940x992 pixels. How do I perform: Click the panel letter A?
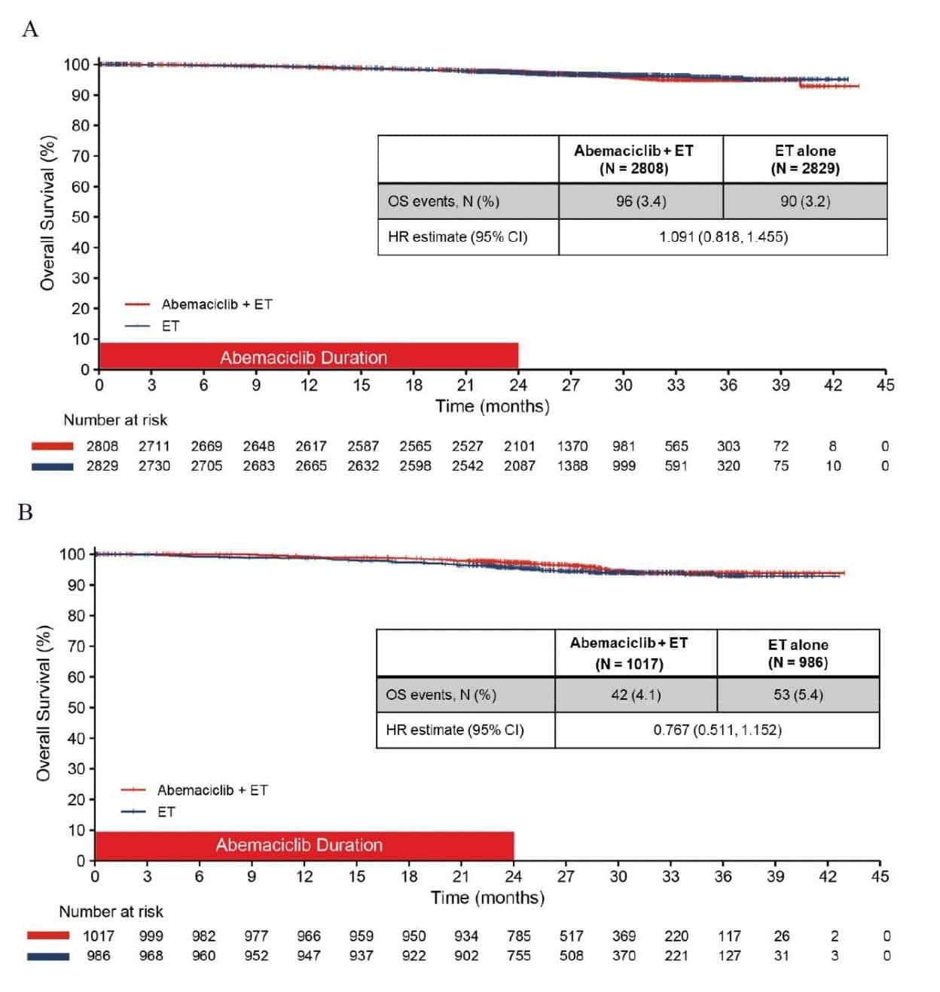pos(30,29)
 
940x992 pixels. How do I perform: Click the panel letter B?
pos(26,512)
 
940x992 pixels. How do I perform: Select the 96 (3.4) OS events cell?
pos(640,201)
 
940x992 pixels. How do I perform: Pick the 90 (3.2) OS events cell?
pos(804,201)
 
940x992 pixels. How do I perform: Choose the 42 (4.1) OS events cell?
pos(636,694)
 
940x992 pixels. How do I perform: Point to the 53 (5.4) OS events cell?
pos(798,694)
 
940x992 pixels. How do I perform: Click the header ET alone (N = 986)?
pos(798,653)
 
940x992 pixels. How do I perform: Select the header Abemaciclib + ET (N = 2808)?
pos(633,159)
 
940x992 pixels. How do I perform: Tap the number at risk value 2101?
pos(519,446)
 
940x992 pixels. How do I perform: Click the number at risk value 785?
pos(519,936)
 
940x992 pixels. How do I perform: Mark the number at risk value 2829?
pos(102,465)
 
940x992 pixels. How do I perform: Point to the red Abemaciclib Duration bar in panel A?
pos(308,356)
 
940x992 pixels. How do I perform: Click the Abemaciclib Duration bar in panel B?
pos(304,845)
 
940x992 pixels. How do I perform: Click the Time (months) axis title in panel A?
pos(492,406)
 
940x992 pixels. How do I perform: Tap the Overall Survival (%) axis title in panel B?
pos(44,703)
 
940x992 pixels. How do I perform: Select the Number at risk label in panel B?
pos(111,911)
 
